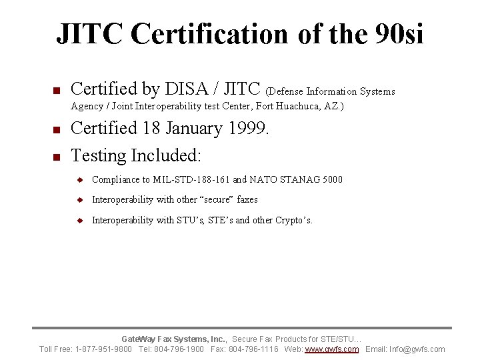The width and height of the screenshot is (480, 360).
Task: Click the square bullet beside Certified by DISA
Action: (57, 91)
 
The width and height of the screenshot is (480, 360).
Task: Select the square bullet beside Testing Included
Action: (57, 157)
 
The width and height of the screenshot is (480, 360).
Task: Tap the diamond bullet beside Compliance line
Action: (79, 180)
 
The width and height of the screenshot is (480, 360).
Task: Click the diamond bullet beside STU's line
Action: (79, 221)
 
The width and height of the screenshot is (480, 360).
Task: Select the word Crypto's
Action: (293, 220)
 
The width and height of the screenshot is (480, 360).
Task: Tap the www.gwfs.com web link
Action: (331, 349)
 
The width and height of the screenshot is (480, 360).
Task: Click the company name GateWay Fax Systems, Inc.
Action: (174, 339)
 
